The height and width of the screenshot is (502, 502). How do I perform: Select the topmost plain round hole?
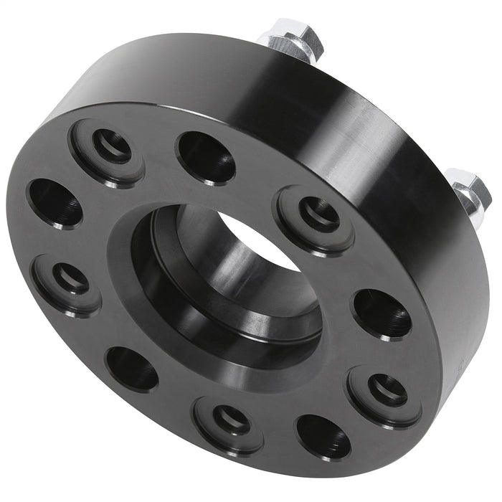tap(207, 156)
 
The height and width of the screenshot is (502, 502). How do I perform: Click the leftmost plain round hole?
tap(55, 202)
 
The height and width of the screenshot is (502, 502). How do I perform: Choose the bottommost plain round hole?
tap(323, 437)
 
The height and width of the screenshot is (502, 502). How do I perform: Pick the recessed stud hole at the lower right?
tap(388, 390)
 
